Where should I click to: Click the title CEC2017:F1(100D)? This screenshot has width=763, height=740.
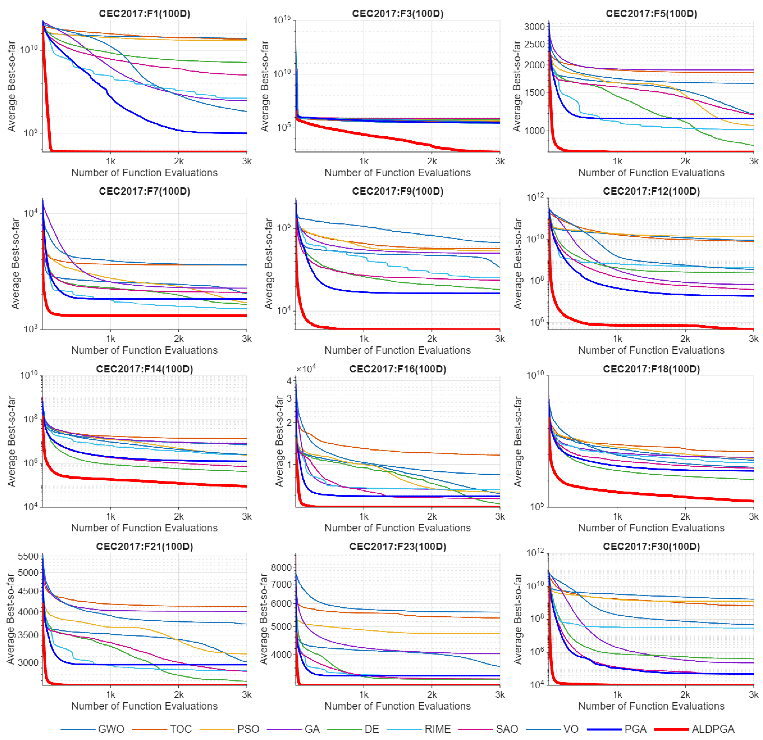144,14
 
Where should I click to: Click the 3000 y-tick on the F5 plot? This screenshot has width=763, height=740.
535,27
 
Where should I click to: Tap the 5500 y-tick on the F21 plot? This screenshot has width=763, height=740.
28,556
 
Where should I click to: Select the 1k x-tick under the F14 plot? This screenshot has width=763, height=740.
111,517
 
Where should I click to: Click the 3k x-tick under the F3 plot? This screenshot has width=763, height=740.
500,161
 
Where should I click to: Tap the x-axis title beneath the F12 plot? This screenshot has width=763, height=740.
651,350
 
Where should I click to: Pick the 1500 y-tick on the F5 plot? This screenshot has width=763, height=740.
535,93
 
